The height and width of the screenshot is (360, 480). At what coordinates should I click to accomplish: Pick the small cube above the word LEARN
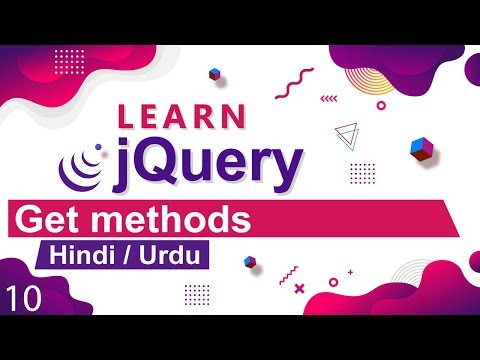pos(214,74)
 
